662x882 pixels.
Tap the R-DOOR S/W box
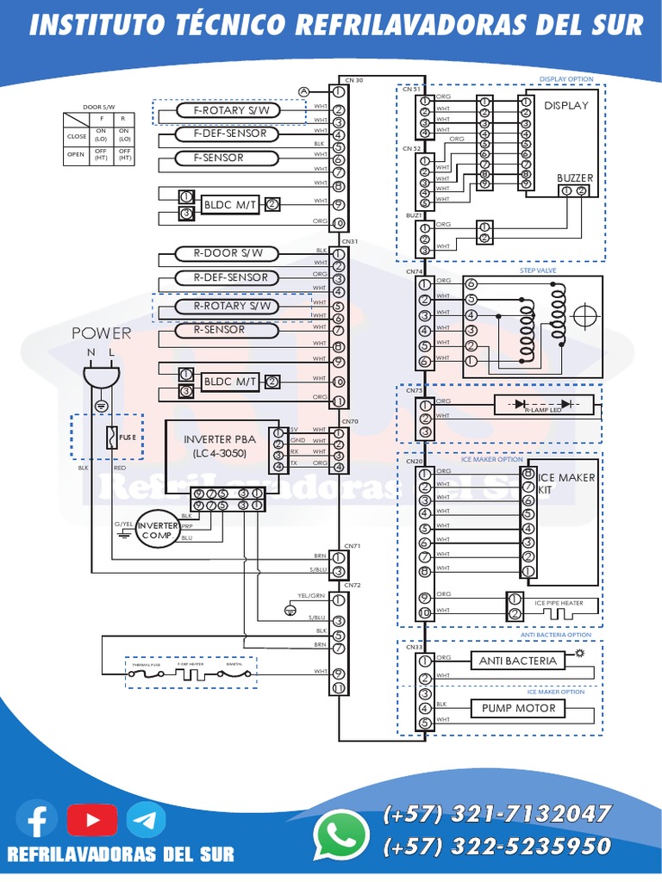click(x=229, y=253)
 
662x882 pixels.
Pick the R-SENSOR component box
click(x=219, y=330)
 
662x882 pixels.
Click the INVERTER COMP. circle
click(x=156, y=527)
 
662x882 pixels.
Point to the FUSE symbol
click(x=112, y=438)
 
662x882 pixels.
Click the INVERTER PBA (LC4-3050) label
click(x=220, y=445)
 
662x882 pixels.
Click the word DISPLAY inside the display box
click(x=565, y=105)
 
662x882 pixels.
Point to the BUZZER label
click(x=574, y=177)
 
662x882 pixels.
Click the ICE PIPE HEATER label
click(x=559, y=603)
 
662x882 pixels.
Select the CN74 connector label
click(x=415, y=271)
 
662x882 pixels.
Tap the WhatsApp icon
click(x=340, y=835)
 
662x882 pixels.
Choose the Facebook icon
click(x=37, y=819)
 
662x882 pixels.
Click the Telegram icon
click(x=146, y=819)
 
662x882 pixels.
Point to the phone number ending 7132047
click(x=497, y=814)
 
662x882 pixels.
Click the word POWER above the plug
click(x=101, y=333)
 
